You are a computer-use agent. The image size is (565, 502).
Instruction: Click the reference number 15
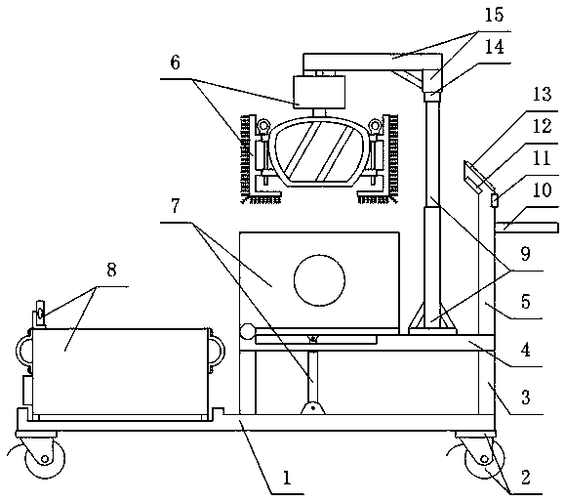pos(494,16)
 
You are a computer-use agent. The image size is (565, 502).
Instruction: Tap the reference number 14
pos(494,48)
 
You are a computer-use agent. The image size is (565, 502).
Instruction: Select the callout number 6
pos(175,63)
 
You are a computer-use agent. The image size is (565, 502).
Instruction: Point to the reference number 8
pos(111,270)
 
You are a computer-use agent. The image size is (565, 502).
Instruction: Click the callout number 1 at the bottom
pos(287,479)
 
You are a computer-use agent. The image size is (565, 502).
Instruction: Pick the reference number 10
pos(542,190)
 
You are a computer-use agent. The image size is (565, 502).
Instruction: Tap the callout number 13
pos(542,94)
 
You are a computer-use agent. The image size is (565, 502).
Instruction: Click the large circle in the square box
pos(319,280)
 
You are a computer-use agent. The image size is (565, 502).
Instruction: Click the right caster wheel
pos(484,457)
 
